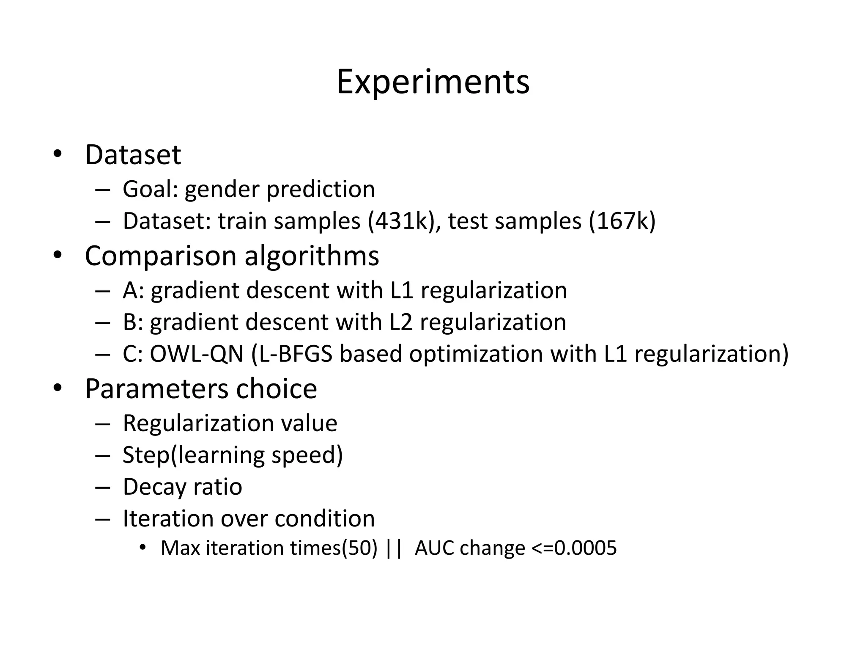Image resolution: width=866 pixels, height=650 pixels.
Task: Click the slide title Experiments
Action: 433,82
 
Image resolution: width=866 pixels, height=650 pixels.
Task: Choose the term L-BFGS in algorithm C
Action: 296,354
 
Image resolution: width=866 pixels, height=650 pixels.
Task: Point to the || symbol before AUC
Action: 394,548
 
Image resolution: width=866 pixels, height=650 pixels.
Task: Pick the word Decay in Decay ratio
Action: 154,487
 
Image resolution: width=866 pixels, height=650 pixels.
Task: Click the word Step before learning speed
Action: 146,455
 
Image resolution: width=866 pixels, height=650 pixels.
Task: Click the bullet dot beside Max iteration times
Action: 143,548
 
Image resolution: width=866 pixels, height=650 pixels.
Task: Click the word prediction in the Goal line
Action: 321,189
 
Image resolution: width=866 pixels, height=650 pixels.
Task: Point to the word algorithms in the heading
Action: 312,256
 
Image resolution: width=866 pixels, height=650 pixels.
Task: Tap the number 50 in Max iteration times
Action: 359,548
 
